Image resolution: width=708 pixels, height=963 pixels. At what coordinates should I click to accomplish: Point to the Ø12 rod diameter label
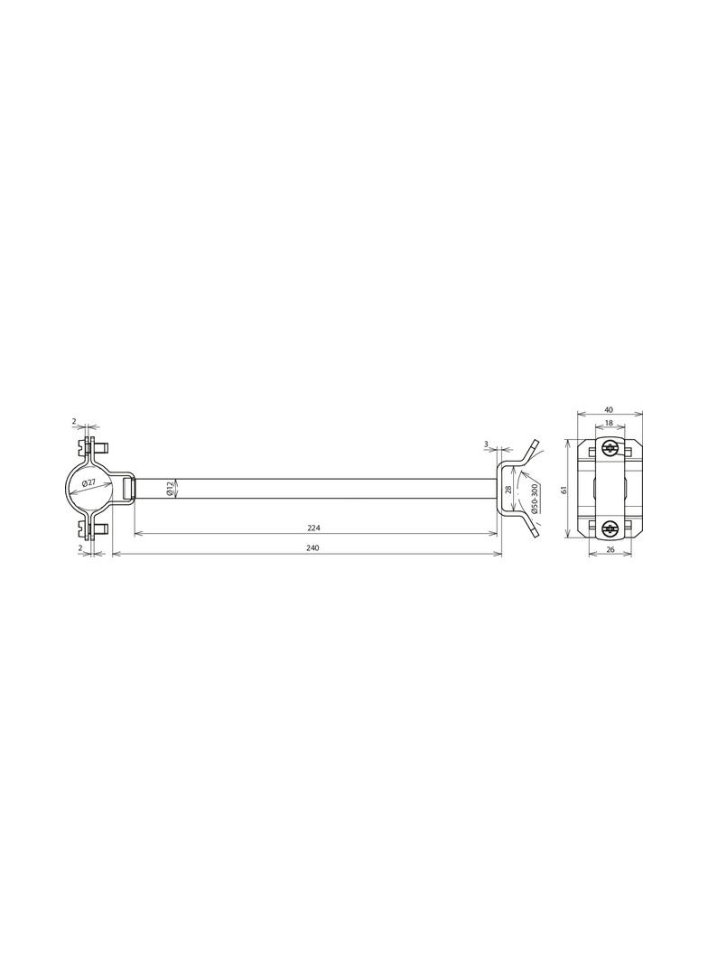(x=170, y=489)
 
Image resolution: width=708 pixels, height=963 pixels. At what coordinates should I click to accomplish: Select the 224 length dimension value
(x=314, y=527)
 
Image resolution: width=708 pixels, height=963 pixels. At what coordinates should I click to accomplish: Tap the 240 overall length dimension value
(x=312, y=547)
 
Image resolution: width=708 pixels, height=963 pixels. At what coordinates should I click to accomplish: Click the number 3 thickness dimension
(x=486, y=444)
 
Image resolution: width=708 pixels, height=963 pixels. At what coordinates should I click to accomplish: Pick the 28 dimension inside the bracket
(x=508, y=489)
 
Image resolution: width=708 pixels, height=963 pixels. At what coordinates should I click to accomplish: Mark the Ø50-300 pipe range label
(x=535, y=499)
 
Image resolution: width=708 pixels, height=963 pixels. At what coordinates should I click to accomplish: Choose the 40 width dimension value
(x=609, y=409)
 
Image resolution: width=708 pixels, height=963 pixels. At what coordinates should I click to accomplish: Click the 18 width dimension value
(x=609, y=423)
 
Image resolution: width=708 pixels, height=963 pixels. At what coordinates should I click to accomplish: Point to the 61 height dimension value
(x=564, y=489)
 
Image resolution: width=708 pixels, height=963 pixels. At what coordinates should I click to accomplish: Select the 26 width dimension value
(x=610, y=548)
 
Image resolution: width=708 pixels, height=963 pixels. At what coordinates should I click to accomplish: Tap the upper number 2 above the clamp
(x=74, y=422)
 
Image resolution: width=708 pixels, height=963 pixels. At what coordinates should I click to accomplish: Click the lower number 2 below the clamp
(x=79, y=547)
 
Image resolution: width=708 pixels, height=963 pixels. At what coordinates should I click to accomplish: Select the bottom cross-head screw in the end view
(x=610, y=528)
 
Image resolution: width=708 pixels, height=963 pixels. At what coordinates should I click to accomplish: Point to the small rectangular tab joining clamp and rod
(x=126, y=489)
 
